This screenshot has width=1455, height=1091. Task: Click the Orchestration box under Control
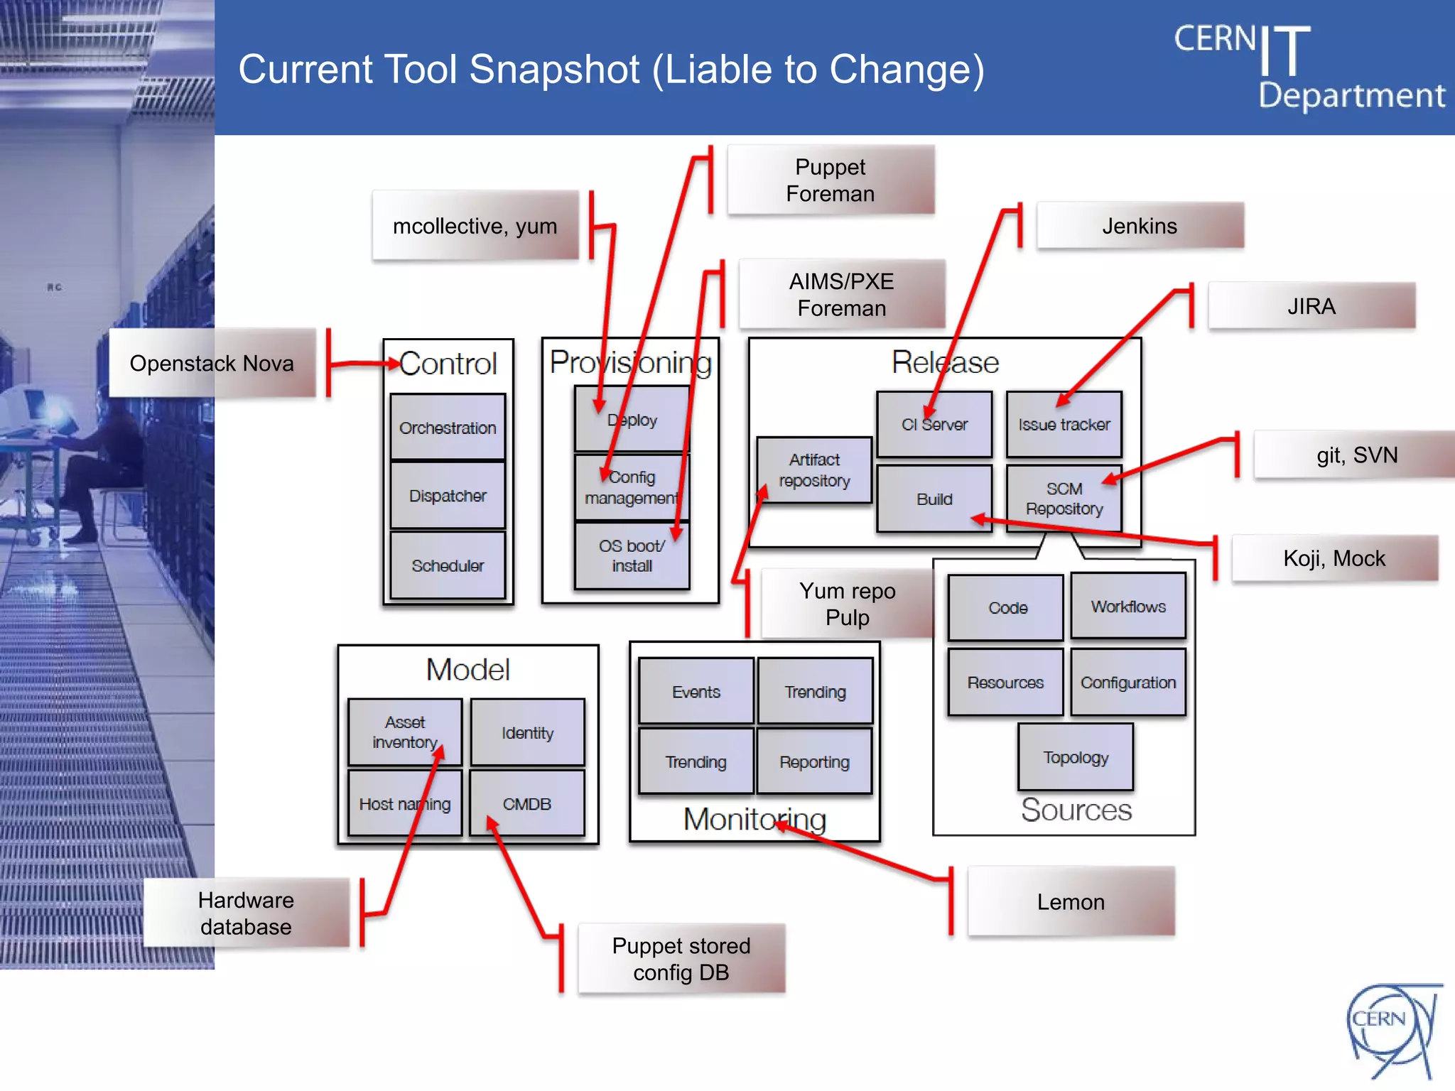pos(448,427)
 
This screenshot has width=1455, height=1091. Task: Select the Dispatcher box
pos(448,495)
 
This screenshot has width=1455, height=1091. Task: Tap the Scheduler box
pos(448,565)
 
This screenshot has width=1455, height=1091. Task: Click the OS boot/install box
pos(632,555)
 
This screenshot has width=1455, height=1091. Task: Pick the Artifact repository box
pos(814,469)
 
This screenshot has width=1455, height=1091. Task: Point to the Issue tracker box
pos(1064,424)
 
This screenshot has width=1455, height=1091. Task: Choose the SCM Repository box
pos(1064,498)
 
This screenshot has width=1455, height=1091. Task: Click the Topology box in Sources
pos(1076,757)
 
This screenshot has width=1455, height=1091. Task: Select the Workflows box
pos(1128,607)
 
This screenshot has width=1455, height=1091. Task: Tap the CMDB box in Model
pos(527,803)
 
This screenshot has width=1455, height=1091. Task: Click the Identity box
pos(527,732)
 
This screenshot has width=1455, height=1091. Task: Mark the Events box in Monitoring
pos(696,691)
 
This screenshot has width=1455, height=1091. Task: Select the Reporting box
pos(814,761)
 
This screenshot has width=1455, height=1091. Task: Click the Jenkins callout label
pos(1140,226)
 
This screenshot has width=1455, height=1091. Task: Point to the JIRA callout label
pos(1311,306)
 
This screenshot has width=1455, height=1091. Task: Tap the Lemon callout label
pos(1071,901)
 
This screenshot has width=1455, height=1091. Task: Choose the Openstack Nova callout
pos(212,363)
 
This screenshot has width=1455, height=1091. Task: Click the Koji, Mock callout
pos(1334,558)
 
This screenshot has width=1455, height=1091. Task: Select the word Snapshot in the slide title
pos(554,70)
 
